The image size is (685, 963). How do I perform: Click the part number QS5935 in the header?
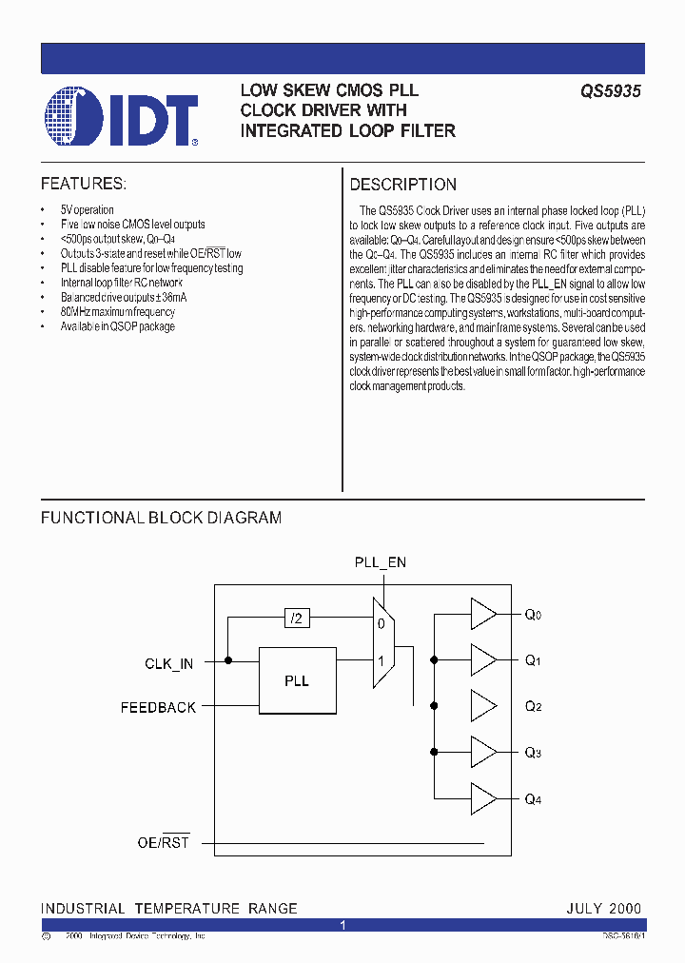(x=611, y=91)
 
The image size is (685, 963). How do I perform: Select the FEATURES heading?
(x=84, y=184)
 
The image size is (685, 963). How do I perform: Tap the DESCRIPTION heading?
(x=403, y=185)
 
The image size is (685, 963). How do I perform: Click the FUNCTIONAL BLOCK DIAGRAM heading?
(x=161, y=518)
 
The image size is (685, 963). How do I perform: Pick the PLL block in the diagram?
(x=297, y=680)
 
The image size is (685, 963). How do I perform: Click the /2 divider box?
(x=297, y=619)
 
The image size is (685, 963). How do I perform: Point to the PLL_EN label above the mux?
(x=381, y=562)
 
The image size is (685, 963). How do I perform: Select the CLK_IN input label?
(x=168, y=663)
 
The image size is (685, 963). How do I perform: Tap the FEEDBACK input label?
(x=158, y=707)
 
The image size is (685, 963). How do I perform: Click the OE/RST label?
(x=163, y=843)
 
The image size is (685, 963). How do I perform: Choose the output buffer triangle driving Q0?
(x=483, y=615)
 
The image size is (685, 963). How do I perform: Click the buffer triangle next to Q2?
(x=483, y=706)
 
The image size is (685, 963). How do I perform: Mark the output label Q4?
(x=533, y=799)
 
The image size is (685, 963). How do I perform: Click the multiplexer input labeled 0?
(x=381, y=624)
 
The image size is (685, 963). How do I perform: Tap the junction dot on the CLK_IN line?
(x=228, y=659)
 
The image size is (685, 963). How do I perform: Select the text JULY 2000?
(x=603, y=908)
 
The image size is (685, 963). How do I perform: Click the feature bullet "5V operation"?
(x=88, y=209)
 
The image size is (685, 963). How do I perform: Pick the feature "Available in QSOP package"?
(x=118, y=326)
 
